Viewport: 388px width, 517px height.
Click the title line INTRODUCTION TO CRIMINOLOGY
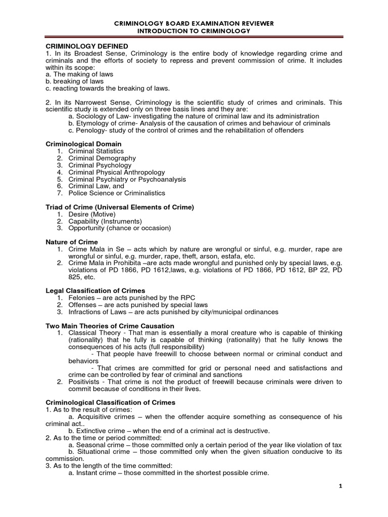click(194, 31)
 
